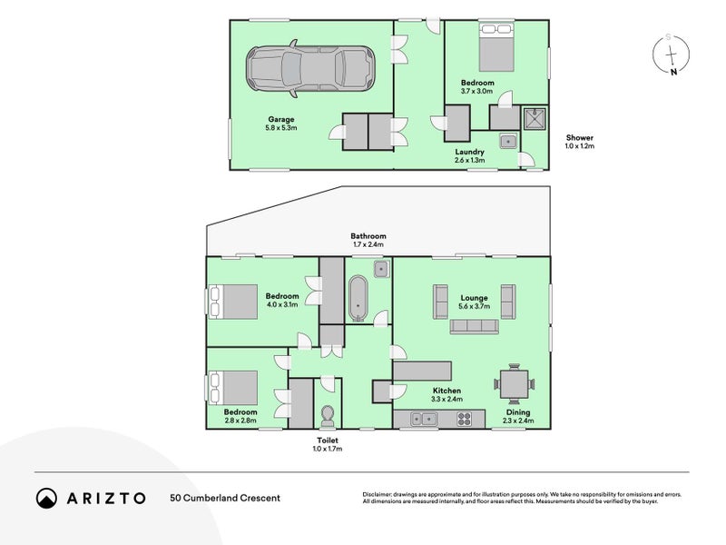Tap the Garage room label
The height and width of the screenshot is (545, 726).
[x=280, y=124]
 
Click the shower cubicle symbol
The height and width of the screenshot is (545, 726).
[x=535, y=117]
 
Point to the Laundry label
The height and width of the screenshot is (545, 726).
[x=470, y=155]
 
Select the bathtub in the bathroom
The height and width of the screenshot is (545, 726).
[x=357, y=298]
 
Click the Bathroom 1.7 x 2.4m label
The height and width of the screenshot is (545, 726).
[x=368, y=240]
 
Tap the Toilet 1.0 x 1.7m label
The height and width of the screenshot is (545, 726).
[x=327, y=444]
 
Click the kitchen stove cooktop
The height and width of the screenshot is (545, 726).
[x=463, y=419]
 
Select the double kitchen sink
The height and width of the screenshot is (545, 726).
[x=423, y=419]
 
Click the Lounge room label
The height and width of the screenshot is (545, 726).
[x=474, y=302]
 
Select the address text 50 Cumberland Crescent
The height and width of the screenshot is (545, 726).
[x=225, y=498]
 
